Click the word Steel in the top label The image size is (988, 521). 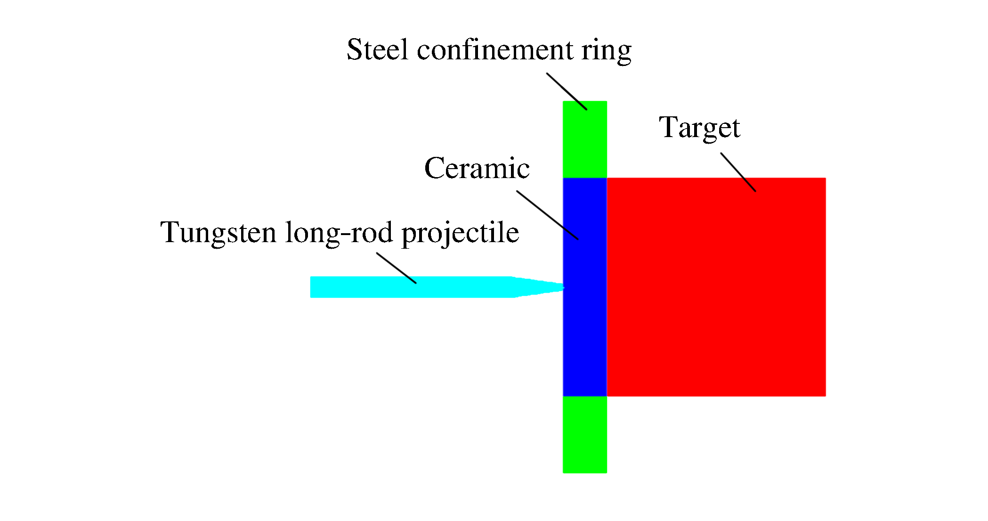377,50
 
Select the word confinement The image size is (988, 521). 494,50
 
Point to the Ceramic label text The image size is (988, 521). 477,168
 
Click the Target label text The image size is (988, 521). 699,128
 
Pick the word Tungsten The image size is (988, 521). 218,233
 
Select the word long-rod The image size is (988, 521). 339,233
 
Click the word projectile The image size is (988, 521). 460,233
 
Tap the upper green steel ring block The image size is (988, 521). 585,139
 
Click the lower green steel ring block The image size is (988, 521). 585,434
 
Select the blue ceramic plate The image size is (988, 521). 585,330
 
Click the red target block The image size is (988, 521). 716,287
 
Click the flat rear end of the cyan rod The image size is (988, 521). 312,287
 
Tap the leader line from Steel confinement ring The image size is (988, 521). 567,91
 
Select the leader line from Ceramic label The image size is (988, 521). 547,215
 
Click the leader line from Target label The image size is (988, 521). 738,172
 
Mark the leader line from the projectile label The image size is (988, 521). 396,268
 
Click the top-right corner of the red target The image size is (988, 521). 825,179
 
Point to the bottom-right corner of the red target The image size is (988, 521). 825,395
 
